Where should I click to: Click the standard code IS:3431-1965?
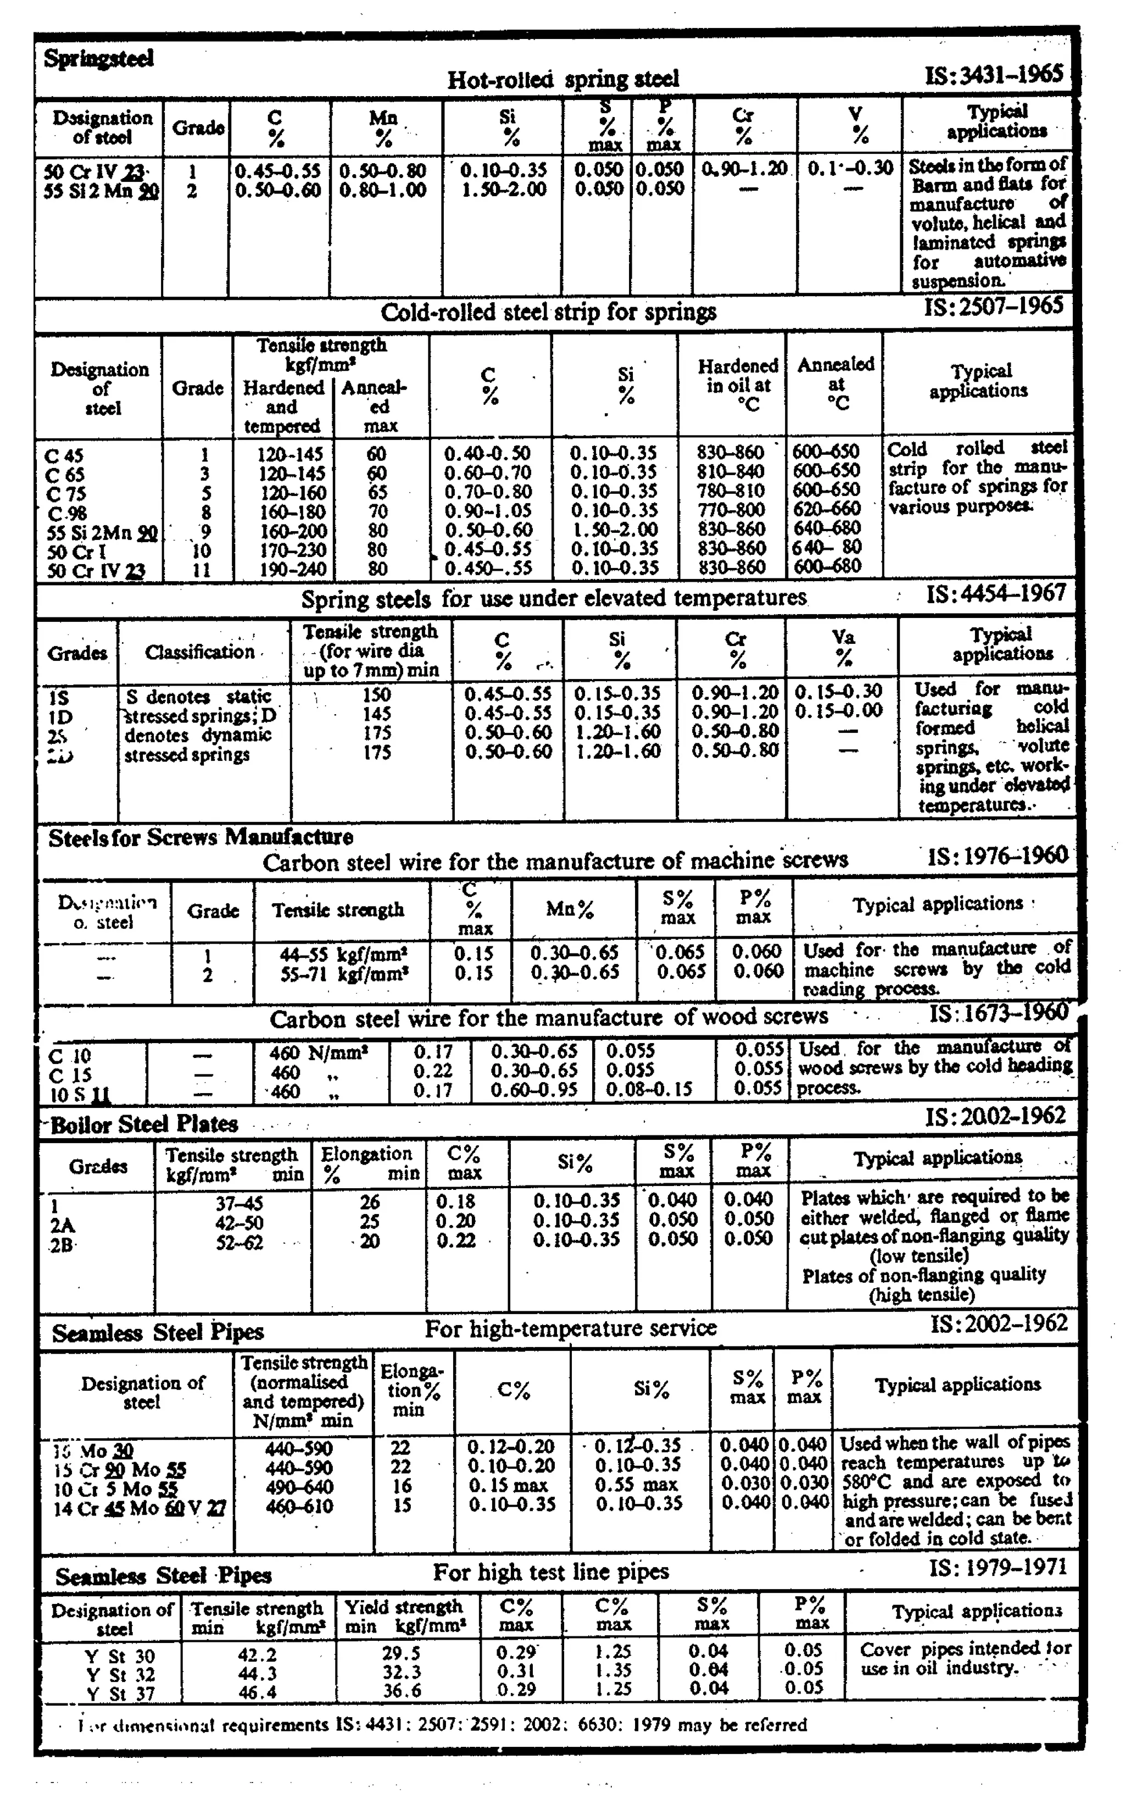[x=994, y=75]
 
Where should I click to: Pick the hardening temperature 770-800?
[x=730, y=510]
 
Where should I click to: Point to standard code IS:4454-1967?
[x=996, y=594]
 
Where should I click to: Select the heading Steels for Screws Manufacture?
[x=200, y=837]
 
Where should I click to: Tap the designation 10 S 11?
[x=80, y=1094]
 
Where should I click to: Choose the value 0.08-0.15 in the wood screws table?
[x=649, y=1090]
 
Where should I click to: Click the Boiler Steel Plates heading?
[x=143, y=1124]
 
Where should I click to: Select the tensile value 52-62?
[x=240, y=1243]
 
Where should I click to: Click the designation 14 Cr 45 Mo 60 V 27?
[x=139, y=1508]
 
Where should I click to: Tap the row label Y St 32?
[x=120, y=1675]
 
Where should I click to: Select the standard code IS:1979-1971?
[x=998, y=1568]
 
